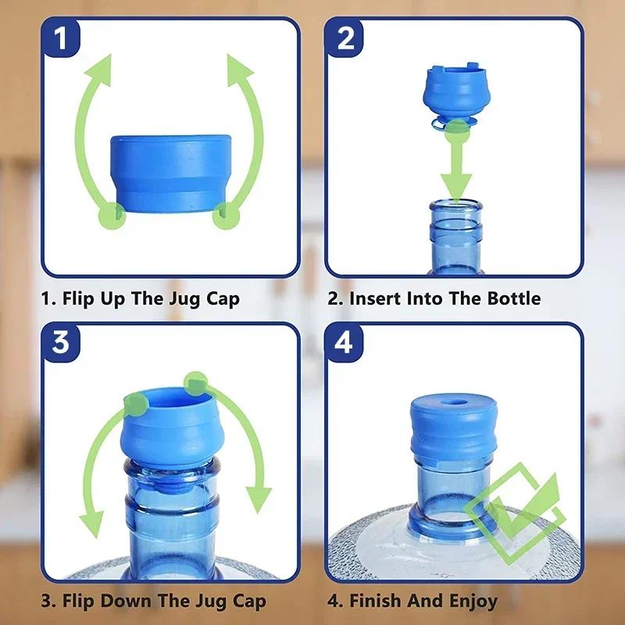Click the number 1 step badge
(61, 37)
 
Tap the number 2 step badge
(345, 37)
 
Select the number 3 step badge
(61, 342)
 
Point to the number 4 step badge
(345, 342)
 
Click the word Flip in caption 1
(78, 298)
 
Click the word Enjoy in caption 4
(473, 602)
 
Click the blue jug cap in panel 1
(170, 173)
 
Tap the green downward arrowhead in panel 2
(456, 187)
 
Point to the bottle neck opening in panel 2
(456, 205)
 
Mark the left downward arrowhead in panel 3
(91, 524)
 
